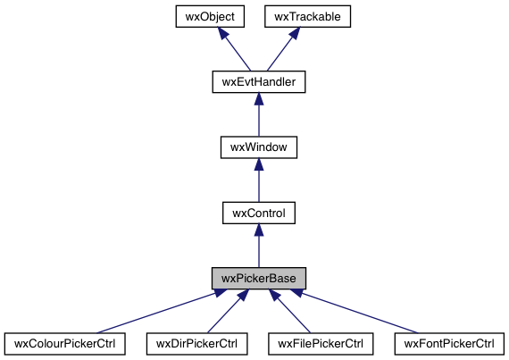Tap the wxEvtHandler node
tap(258, 82)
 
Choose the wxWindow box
tap(258, 147)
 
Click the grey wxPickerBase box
tap(258, 278)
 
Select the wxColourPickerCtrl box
tap(64, 343)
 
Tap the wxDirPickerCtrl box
tap(196, 343)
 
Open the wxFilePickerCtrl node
tap(320, 343)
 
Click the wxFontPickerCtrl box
tap(449, 343)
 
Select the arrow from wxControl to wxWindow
tap(258, 181)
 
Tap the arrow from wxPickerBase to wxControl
tap(258, 247)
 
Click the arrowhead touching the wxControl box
tap(258, 231)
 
